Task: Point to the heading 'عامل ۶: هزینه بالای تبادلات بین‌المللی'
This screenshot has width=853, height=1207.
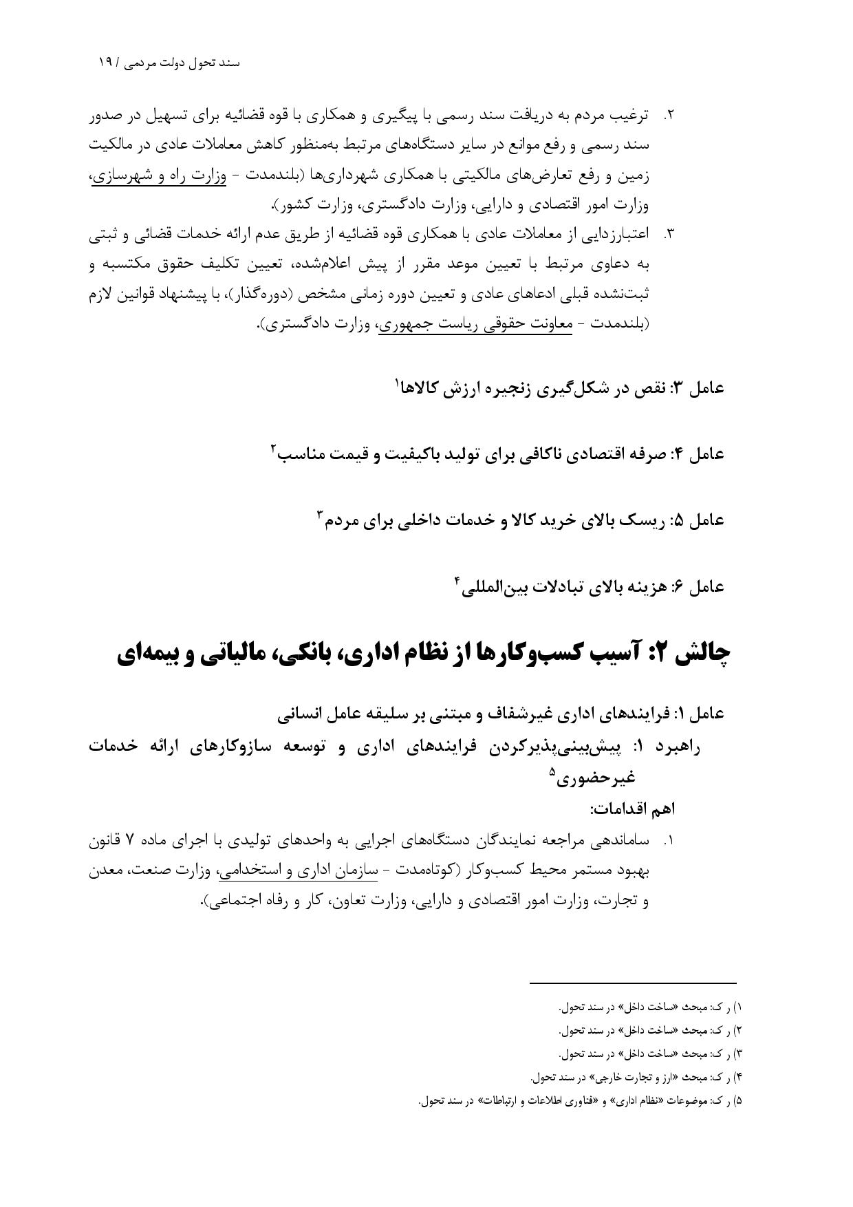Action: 592,587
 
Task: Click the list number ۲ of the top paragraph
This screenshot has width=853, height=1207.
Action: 667,116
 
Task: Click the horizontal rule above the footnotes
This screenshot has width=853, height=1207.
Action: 633,983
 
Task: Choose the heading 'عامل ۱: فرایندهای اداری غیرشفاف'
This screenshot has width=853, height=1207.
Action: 502,714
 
